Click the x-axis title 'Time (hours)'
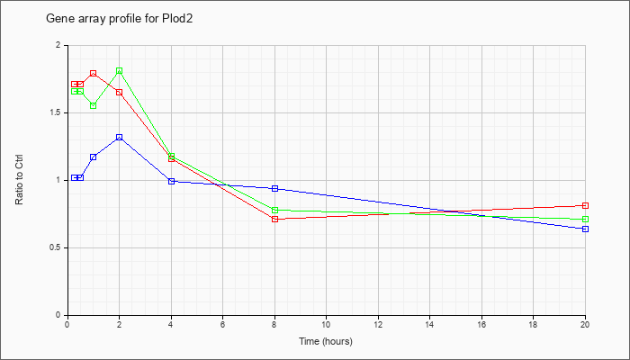[326, 341]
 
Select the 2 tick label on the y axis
[58, 45]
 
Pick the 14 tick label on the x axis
[429, 325]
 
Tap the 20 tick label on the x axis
[585, 325]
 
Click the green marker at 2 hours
[119, 71]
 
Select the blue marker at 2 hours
[119, 137]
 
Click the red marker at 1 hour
[93, 73]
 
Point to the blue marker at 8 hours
[274, 188]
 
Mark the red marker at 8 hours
[274, 219]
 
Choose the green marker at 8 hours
[274, 210]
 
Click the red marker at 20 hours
[585, 205]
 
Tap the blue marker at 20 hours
[585, 229]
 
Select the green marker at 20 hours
[585, 219]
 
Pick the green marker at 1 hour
[93, 105]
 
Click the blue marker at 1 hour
[93, 157]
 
